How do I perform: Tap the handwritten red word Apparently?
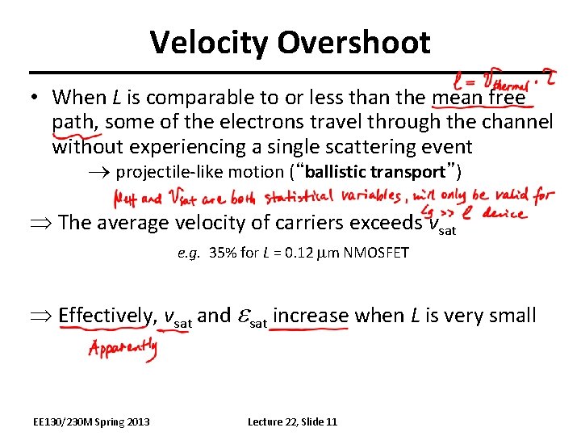point(123,350)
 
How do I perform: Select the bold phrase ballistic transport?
point(375,172)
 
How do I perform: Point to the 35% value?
point(223,253)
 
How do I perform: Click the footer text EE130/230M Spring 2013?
point(91,421)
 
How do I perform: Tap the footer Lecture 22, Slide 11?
point(292,421)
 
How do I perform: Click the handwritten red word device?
point(504,213)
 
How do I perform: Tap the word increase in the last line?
point(311,316)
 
